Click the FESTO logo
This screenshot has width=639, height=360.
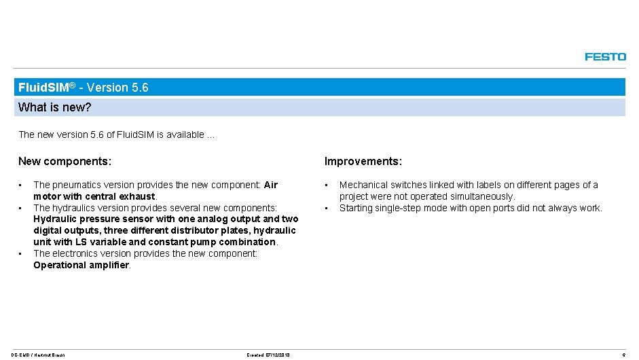tap(605, 57)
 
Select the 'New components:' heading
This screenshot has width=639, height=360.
tap(65, 162)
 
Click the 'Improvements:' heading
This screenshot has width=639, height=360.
tap(363, 162)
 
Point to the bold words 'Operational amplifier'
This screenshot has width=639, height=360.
tap(81, 265)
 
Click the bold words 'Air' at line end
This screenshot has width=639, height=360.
tap(270, 185)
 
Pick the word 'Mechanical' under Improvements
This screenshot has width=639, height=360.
tap(364, 185)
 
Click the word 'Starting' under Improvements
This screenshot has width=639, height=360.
tap(357, 208)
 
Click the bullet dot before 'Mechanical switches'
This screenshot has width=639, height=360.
tap(327, 185)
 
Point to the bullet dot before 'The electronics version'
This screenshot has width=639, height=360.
tap(21, 253)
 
